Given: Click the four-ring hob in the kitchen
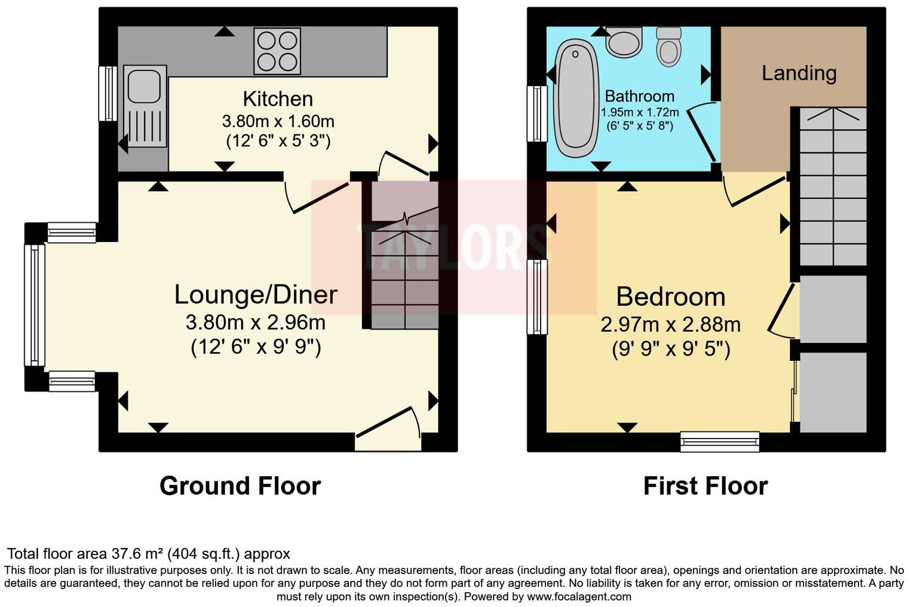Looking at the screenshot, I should pos(277,51).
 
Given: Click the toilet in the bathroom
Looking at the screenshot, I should pos(668,47).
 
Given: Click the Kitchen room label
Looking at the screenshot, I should pos(278,99).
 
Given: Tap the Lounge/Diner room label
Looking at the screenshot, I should pos(256,295).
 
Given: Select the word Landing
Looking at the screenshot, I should pos(799,73).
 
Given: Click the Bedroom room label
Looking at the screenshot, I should pos(670,297).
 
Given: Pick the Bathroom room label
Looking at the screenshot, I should pos(639,96).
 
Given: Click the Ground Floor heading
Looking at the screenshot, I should pos(240,486).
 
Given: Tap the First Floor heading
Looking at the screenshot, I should pos(705,486).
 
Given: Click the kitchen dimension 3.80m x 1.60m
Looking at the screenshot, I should pos(278,121).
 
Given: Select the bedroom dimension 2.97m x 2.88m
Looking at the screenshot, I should pos(670,324).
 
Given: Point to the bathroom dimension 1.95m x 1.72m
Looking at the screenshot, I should pos(639,112).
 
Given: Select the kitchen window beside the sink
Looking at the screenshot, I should pos(108,93).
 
